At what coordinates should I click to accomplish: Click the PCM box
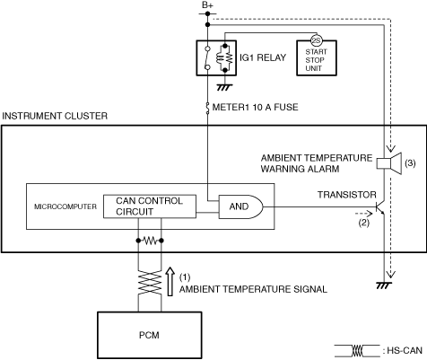[150, 335]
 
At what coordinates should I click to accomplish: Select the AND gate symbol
[241, 206]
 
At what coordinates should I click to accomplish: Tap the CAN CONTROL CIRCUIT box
[150, 206]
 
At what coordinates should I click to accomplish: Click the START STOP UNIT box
[317, 58]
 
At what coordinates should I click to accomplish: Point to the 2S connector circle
[317, 40]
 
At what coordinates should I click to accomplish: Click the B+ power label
[207, 5]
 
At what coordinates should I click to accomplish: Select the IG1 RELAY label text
[263, 57]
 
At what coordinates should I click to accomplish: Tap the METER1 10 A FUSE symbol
[207, 108]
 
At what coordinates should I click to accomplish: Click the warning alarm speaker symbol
[388, 163]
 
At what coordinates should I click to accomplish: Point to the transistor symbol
[379, 207]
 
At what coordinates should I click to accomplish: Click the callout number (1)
[185, 277]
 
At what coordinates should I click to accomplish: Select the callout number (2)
[364, 223]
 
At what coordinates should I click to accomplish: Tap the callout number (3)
[410, 163]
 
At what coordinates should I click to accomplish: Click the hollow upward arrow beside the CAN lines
[170, 281]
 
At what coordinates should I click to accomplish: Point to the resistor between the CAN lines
[150, 241]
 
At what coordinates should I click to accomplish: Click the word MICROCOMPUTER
[65, 206]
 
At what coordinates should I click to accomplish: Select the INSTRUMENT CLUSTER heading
[55, 116]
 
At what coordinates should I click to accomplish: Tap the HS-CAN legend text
[405, 350]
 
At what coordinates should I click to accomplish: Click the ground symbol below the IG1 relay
[224, 87]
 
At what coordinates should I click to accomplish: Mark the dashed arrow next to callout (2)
[364, 214]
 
